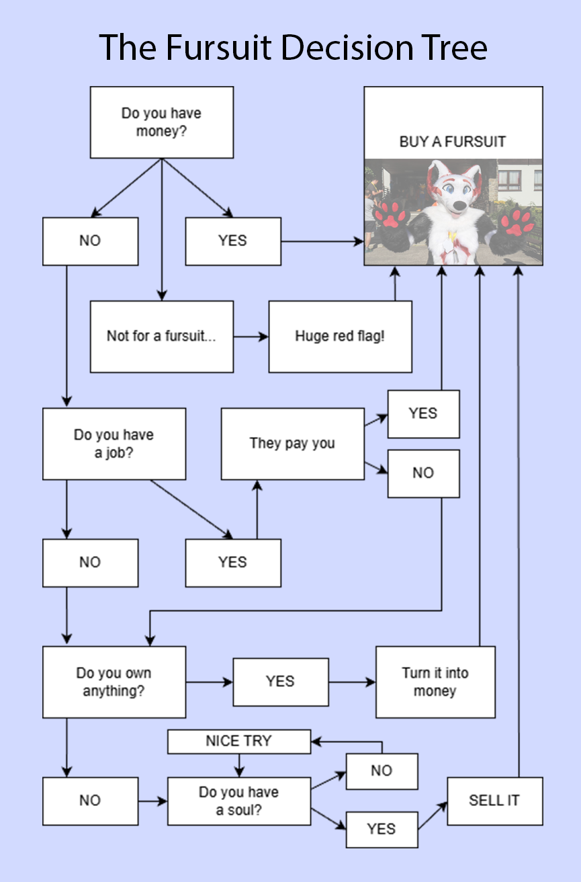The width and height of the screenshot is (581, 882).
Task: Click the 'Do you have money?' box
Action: pyautogui.click(x=162, y=122)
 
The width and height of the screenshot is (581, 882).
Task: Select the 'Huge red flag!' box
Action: pyautogui.click(x=340, y=336)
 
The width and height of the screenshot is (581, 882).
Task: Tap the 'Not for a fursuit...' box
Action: pyautogui.click(x=162, y=336)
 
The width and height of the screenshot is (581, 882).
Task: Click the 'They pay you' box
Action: pyautogui.click(x=292, y=444)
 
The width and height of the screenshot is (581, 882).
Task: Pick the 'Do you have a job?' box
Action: pyautogui.click(x=114, y=444)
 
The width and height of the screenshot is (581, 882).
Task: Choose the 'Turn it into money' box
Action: pyautogui.click(x=435, y=682)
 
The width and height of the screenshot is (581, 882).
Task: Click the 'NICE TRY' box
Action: pyautogui.click(x=238, y=741)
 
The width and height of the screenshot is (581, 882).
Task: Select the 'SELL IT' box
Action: pyautogui.click(x=494, y=801)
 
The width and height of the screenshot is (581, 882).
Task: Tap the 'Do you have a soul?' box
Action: pyautogui.click(x=238, y=801)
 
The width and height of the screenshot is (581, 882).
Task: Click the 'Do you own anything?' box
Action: pyautogui.click(x=114, y=682)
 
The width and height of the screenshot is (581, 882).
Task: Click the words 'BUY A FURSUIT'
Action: pyautogui.click(x=453, y=142)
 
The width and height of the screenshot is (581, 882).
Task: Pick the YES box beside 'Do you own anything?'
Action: pyautogui.click(x=281, y=682)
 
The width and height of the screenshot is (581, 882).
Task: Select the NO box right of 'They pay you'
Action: pyautogui.click(x=423, y=473)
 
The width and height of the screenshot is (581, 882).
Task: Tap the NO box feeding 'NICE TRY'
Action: pyautogui.click(x=382, y=771)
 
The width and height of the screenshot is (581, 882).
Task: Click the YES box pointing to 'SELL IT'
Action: pyautogui.click(x=382, y=830)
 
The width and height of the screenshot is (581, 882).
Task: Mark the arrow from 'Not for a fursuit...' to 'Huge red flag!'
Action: pyautogui.click(x=251, y=336)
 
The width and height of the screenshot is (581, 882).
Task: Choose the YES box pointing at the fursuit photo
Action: pyautogui.click(x=233, y=241)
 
